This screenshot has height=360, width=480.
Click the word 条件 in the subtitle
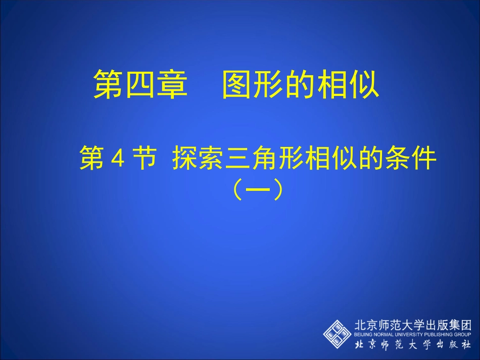click(410, 160)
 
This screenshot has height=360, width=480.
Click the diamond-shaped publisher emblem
click(338, 334)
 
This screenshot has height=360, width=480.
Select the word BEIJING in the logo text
click(363, 335)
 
